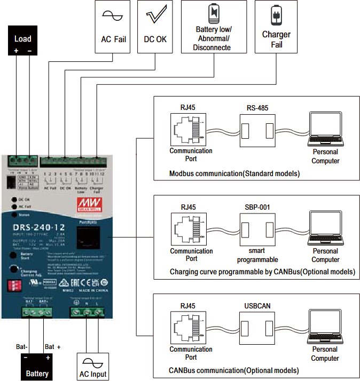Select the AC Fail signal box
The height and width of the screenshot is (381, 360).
(113, 27)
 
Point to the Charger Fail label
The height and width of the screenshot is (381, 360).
(276, 39)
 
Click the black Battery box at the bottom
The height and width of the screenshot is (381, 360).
(37, 367)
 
